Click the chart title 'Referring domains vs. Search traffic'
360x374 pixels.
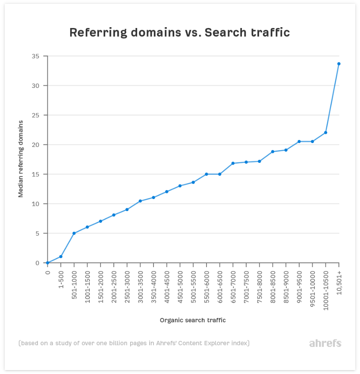[179, 33]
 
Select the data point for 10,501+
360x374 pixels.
[339, 64]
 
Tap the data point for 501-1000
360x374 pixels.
[74, 233]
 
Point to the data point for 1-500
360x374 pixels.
[61, 256]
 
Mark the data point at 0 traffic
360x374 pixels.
[47, 263]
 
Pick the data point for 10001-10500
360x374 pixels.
[326, 132]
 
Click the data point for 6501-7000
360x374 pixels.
[233, 163]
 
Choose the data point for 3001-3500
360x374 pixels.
[140, 201]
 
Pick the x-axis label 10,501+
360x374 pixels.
[339, 282]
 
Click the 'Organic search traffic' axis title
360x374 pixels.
[193, 320]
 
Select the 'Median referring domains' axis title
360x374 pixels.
[21, 159]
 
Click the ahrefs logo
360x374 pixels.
[325, 343]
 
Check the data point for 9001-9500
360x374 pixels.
[299, 141]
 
